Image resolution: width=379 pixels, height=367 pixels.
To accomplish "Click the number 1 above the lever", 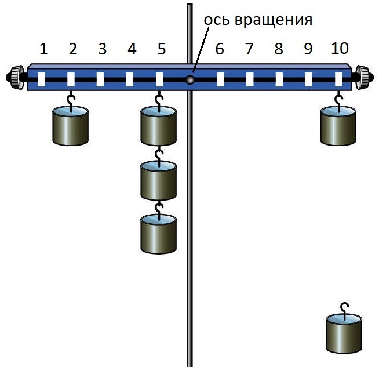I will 42,49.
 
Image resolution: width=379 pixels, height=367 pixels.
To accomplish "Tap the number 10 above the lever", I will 340,49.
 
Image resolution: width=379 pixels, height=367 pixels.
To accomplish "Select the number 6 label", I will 219,49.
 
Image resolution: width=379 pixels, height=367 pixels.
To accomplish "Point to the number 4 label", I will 132,49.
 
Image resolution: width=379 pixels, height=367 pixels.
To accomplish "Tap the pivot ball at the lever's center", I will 189,80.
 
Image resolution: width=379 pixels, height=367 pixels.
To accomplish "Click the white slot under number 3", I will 100,79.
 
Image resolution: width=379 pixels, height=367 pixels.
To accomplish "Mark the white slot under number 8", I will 279,79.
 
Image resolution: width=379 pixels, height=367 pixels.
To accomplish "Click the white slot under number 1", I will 42,79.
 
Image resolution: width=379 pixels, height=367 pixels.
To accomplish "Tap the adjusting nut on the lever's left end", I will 17,77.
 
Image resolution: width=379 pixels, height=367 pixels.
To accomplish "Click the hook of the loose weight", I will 345,308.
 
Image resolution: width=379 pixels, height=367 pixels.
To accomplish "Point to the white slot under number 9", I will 309,79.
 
